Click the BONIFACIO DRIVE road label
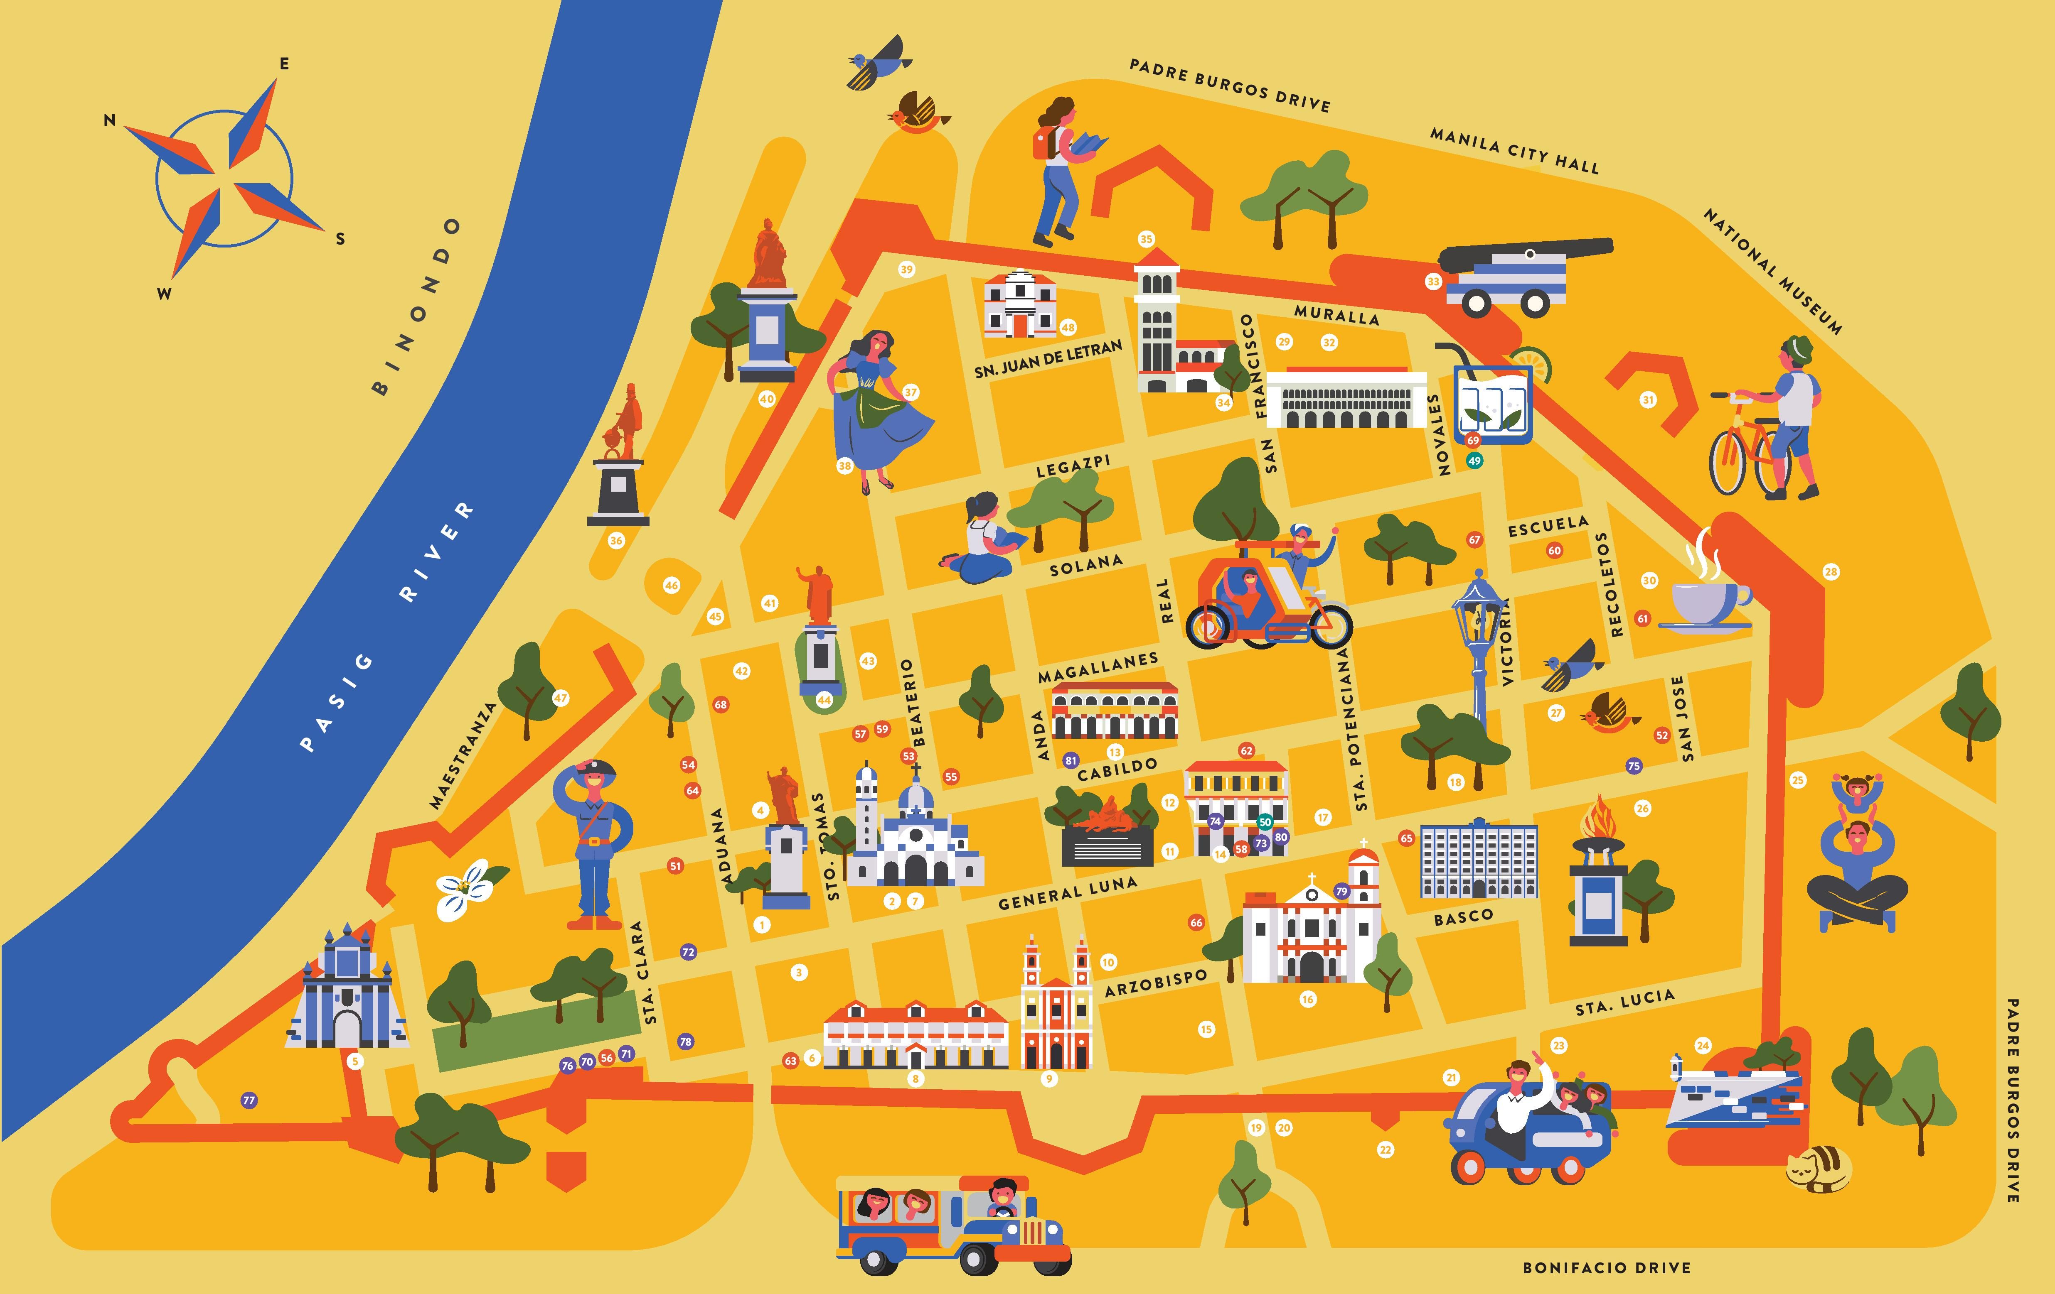tap(1606, 1267)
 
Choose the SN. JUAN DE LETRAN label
tap(1048, 359)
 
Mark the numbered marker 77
tap(249, 1100)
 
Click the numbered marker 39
tap(906, 270)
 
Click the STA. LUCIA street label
tap(1624, 1002)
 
